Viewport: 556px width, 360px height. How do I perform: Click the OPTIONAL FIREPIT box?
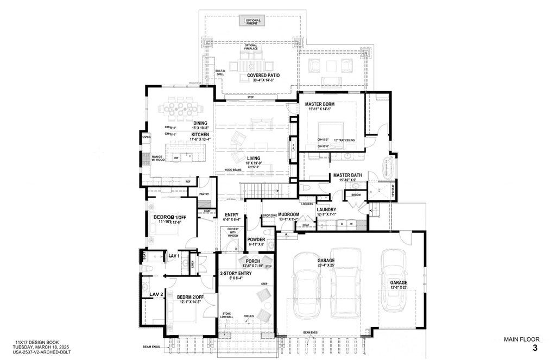253,22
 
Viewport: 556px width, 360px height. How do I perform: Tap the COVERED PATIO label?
263,75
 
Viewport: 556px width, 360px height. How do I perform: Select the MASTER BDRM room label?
319,104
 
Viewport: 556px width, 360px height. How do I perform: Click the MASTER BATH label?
348,175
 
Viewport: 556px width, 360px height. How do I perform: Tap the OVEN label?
146,137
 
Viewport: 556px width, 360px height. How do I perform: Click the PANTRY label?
204,194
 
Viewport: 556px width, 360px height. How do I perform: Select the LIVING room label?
254,158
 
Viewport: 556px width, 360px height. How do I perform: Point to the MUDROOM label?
289,214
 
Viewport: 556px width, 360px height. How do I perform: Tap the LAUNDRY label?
327,210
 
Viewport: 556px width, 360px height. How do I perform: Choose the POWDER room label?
256,239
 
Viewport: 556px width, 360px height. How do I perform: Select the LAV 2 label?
156,294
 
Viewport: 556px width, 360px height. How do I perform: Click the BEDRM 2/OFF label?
190,297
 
